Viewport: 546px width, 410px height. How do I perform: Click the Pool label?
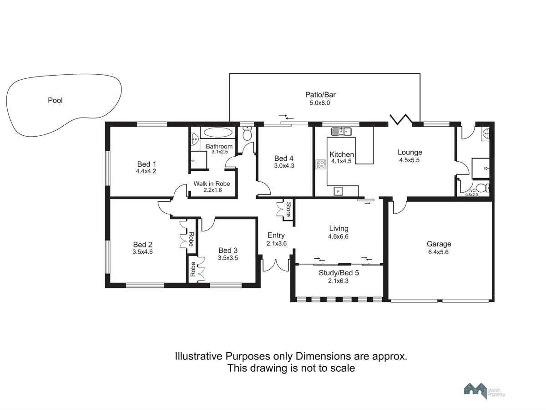pyautogui.click(x=55, y=100)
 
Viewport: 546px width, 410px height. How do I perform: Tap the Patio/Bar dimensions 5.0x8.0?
pyautogui.click(x=320, y=103)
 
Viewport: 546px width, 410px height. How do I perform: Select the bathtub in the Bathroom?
pyautogui.click(x=217, y=132)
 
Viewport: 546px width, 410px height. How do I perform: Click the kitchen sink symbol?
pyautogui.click(x=341, y=132)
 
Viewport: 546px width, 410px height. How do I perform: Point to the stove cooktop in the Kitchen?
pyautogui.click(x=320, y=164)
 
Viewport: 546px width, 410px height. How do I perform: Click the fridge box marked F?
pyautogui.click(x=338, y=191)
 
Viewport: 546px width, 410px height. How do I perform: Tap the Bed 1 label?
pyautogui.click(x=147, y=164)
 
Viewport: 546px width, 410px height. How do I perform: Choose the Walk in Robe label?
pyautogui.click(x=212, y=184)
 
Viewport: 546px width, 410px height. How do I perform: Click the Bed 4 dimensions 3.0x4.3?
pyautogui.click(x=284, y=165)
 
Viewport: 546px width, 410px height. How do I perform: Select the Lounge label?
pyautogui.click(x=409, y=152)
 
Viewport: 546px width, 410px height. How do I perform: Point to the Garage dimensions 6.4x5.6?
pyautogui.click(x=438, y=252)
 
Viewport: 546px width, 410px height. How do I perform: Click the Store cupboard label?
pyautogui.click(x=288, y=209)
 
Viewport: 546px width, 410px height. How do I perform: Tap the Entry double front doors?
pyautogui.click(x=276, y=266)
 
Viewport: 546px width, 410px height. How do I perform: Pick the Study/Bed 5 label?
pyautogui.click(x=339, y=273)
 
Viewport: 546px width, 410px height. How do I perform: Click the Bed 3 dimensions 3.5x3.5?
pyautogui.click(x=228, y=258)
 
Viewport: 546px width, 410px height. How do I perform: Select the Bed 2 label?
pyautogui.click(x=142, y=245)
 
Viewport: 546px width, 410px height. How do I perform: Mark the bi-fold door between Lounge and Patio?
pyautogui.click(x=401, y=119)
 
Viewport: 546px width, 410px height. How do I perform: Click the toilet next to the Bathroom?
pyautogui.click(x=247, y=133)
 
